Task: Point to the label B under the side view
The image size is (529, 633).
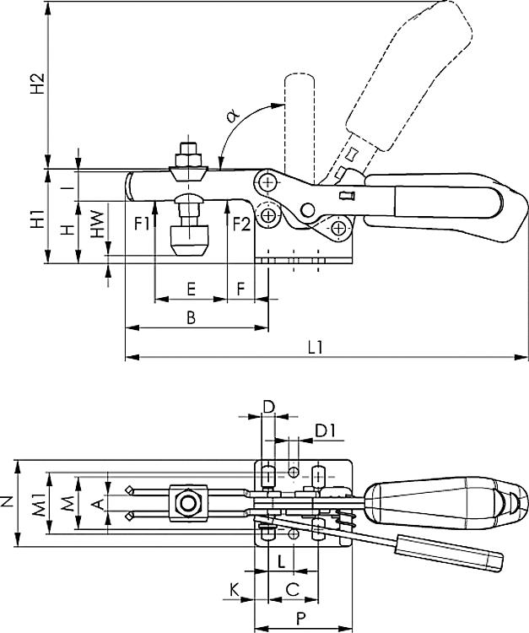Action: coord(191,317)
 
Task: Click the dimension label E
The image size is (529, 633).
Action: coord(191,289)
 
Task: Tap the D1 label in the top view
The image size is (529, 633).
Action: coord(327,430)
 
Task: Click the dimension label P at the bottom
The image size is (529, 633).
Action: coord(301,616)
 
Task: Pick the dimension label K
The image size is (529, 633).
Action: coord(233,587)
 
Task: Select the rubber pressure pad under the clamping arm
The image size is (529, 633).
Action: coord(188,238)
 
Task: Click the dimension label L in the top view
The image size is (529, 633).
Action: coord(279,560)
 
